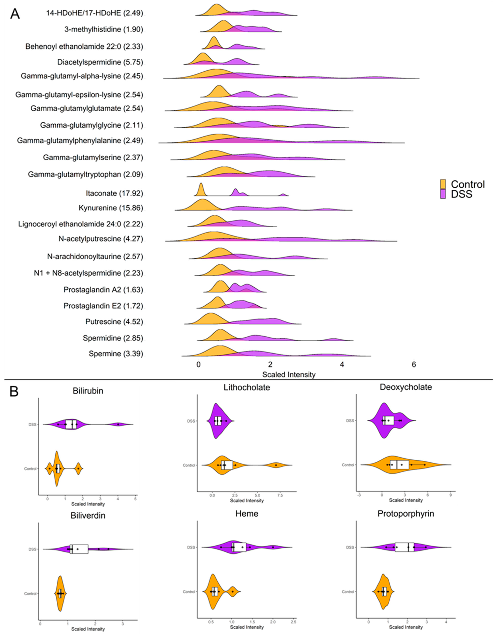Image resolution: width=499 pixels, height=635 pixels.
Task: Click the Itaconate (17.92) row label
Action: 114,193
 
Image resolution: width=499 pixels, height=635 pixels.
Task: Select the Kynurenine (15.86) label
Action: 111,208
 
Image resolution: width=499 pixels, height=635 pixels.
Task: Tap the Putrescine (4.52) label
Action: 114,322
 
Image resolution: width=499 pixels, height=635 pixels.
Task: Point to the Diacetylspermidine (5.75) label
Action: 100,62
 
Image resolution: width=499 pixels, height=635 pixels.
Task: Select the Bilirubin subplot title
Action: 88,391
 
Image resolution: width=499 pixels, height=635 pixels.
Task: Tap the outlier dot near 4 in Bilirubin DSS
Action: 118,424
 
